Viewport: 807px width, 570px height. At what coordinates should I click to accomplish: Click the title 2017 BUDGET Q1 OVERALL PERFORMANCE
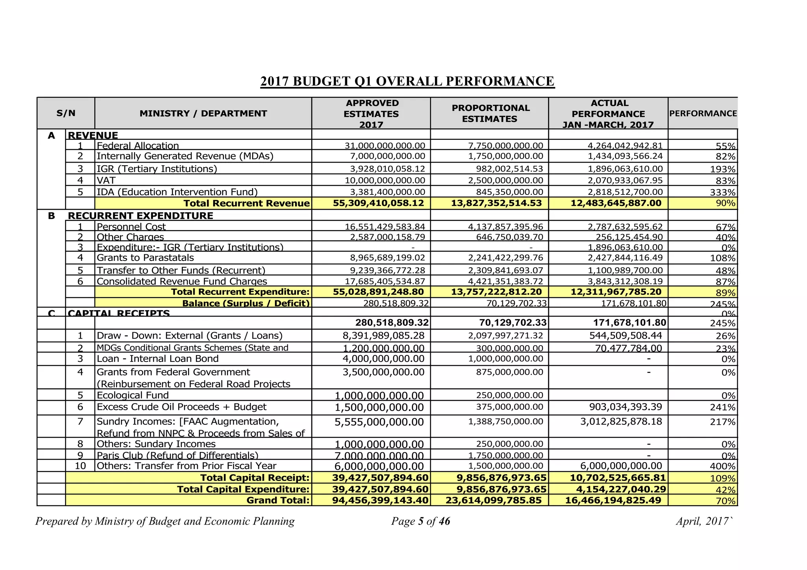click(x=407, y=81)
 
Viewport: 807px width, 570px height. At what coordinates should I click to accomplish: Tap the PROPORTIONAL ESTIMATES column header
click(x=490, y=113)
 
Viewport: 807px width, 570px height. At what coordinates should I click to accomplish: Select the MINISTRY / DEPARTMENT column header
click(x=203, y=114)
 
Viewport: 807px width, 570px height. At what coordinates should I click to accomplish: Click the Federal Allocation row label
click(x=138, y=146)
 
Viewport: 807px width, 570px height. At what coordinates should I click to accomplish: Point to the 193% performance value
click(x=725, y=169)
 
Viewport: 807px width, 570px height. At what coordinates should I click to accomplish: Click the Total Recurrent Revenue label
click(x=246, y=203)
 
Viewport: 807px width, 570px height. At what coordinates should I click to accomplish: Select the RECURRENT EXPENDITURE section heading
click(x=140, y=216)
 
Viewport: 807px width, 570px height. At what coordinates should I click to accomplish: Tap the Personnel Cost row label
click(x=131, y=227)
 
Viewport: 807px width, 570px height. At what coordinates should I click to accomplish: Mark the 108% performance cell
click(x=725, y=258)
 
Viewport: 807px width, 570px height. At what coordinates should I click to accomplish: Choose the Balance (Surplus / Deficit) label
click(x=245, y=303)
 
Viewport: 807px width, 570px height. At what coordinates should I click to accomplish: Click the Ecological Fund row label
click(x=132, y=395)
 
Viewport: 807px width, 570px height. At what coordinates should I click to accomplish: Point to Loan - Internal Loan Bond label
click(x=157, y=359)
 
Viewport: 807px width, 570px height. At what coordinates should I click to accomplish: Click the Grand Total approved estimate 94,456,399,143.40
click(x=380, y=500)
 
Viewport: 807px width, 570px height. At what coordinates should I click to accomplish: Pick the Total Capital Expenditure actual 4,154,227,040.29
click(x=618, y=489)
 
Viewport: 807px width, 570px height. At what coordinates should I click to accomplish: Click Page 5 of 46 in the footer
click(x=420, y=521)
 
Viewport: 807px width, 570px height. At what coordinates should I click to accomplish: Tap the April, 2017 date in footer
click(x=703, y=521)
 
